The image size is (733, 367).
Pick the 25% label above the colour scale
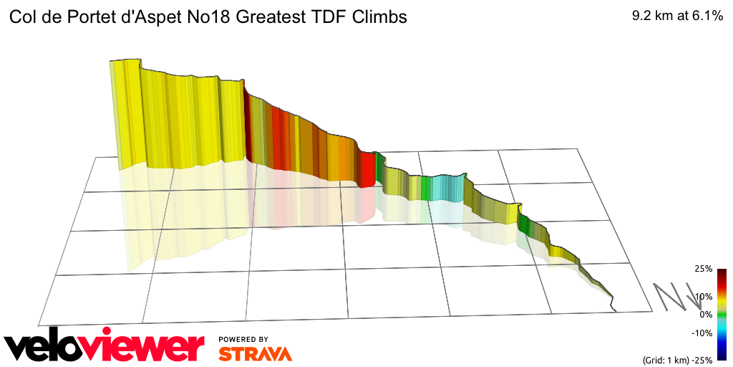click(703, 269)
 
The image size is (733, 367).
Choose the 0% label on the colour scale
click(706, 314)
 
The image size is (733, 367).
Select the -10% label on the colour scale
click(702, 333)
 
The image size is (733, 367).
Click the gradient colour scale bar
click(722, 314)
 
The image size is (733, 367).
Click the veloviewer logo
click(104, 345)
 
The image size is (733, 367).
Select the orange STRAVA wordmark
click(255, 353)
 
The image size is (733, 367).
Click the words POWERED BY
click(243, 339)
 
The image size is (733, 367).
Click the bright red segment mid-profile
click(367, 169)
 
